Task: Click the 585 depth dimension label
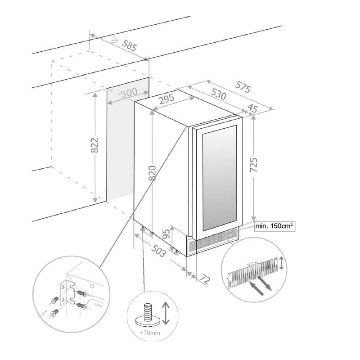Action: coord(130,45)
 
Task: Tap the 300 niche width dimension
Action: coord(129,93)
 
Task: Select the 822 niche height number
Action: coord(94,145)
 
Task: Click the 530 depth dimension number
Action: coord(218,93)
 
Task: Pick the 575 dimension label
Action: coord(243,86)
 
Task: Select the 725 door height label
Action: coord(253,165)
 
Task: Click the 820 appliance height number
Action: coord(153,173)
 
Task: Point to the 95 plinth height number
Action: coord(167,234)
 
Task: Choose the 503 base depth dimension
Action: coord(158,250)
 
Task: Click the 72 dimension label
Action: coord(205,279)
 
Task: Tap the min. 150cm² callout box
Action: coord(275,226)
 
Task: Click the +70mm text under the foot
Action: coord(149,333)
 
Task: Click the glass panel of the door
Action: coord(220,178)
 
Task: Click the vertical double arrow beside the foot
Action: coord(166,313)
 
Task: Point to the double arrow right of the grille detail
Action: coord(282,263)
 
